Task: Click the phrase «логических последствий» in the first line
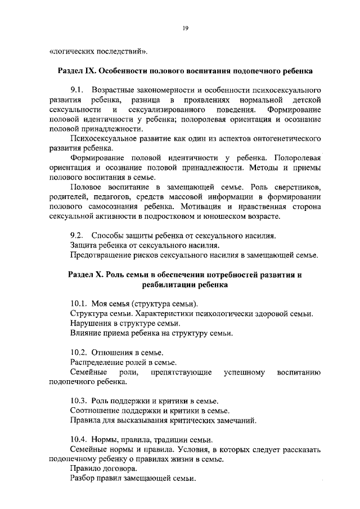click(x=100, y=52)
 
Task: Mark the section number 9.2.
click(x=78, y=235)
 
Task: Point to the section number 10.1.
click(x=80, y=304)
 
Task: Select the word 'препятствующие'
click(x=181, y=372)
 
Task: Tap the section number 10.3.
click(x=80, y=401)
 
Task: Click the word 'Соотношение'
click(x=94, y=411)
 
